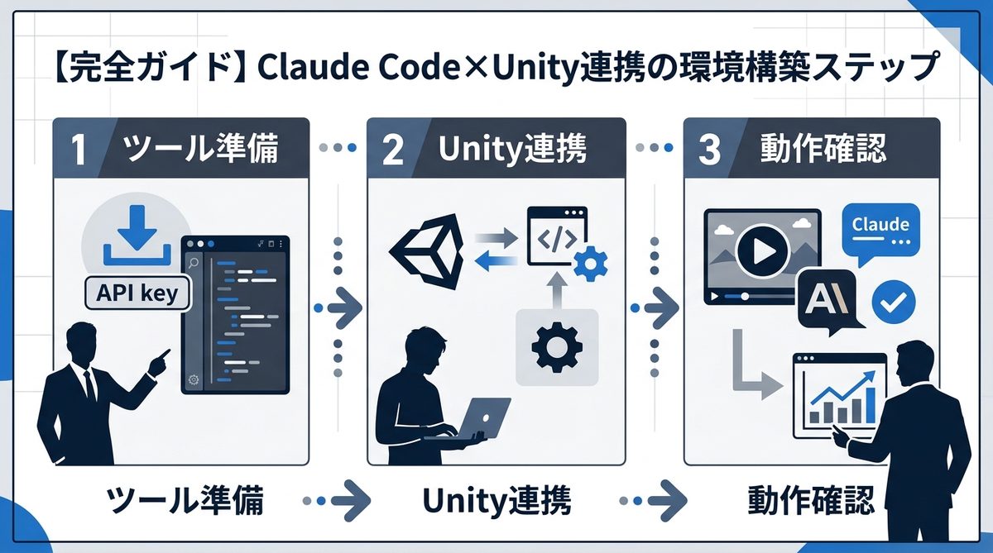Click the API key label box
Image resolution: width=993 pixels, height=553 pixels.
(x=137, y=293)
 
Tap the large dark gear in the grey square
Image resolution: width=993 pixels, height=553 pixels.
(x=556, y=346)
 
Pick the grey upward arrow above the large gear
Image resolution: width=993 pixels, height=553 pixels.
(x=556, y=288)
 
